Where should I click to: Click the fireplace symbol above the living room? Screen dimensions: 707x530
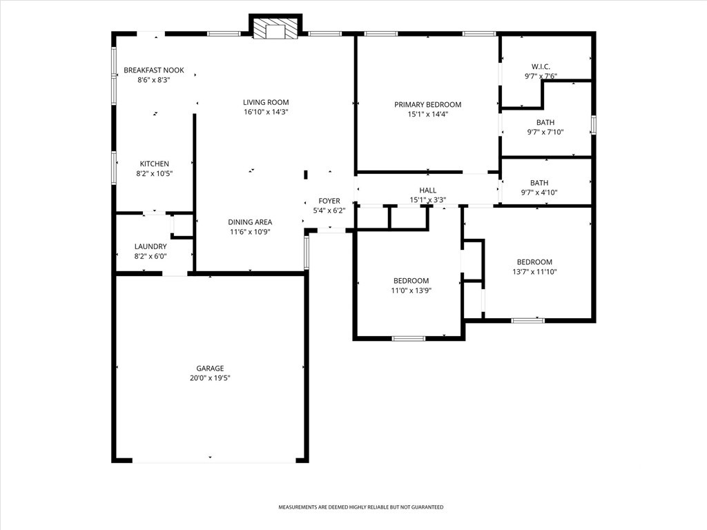(x=275, y=28)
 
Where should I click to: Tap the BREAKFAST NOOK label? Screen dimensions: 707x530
(x=154, y=70)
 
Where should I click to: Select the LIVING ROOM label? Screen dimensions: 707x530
(x=266, y=102)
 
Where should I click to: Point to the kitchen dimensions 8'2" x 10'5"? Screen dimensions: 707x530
(x=155, y=173)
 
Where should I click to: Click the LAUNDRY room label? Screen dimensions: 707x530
(x=151, y=246)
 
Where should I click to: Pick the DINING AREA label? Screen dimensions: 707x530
(x=250, y=222)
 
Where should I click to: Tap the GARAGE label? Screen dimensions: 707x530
(x=210, y=369)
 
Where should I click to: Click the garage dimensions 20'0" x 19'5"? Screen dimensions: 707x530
(x=210, y=378)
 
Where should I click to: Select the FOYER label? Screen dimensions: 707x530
(x=329, y=201)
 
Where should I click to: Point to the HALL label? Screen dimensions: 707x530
(x=428, y=190)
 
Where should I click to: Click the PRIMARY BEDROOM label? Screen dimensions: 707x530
(x=428, y=105)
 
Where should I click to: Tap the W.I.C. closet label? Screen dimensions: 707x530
(x=541, y=67)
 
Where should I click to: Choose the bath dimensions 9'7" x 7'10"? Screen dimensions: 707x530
(x=545, y=132)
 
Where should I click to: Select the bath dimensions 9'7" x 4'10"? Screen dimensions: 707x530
(x=539, y=193)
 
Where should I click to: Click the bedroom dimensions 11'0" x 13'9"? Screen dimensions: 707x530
(x=411, y=291)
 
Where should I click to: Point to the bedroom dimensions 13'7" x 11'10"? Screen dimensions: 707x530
(x=535, y=272)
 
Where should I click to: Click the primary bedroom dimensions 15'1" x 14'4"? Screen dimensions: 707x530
(x=428, y=115)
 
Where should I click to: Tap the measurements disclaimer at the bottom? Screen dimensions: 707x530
(x=360, y=507)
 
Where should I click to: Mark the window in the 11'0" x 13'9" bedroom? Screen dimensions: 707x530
(x=409, y=338)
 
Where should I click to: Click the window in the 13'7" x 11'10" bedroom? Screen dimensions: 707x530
(x=528, y=320)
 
